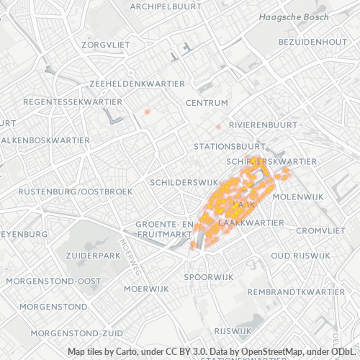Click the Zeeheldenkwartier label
tap(138, 84)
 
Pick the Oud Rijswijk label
tap(301, 256)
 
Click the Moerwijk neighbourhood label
tap(146, 289)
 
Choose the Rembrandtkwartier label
tap(296, 292)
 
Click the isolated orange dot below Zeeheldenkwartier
tap(147, 112)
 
